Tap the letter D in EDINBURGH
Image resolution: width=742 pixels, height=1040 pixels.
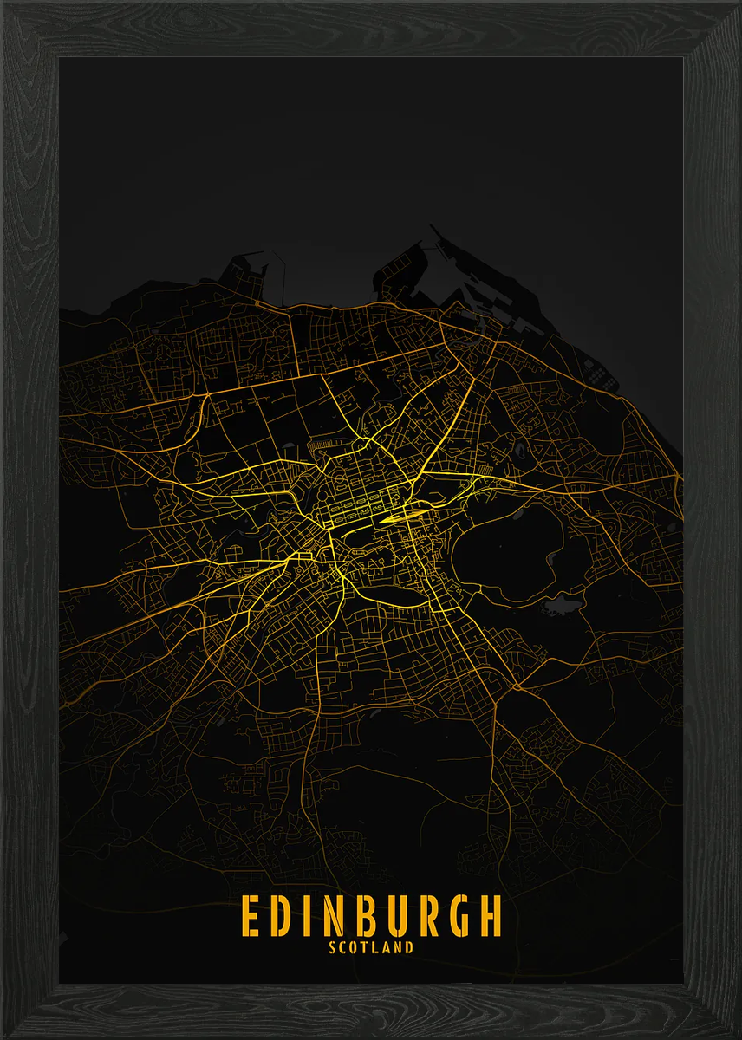coord(282,916)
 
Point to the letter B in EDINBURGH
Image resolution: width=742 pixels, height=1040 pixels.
coord(364,916)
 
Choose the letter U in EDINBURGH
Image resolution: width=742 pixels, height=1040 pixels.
coord(396,916)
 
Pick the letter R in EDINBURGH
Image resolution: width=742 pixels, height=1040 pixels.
coord(427,916)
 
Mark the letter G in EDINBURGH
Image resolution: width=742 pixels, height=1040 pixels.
coord(458,916)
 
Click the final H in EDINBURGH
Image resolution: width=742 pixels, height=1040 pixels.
coord(490,916)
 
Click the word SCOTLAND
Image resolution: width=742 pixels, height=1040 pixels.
coord(371,947)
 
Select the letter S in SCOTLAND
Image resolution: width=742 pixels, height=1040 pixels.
coord(333,947)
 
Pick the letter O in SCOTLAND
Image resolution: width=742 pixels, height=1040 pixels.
coord(355,947)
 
